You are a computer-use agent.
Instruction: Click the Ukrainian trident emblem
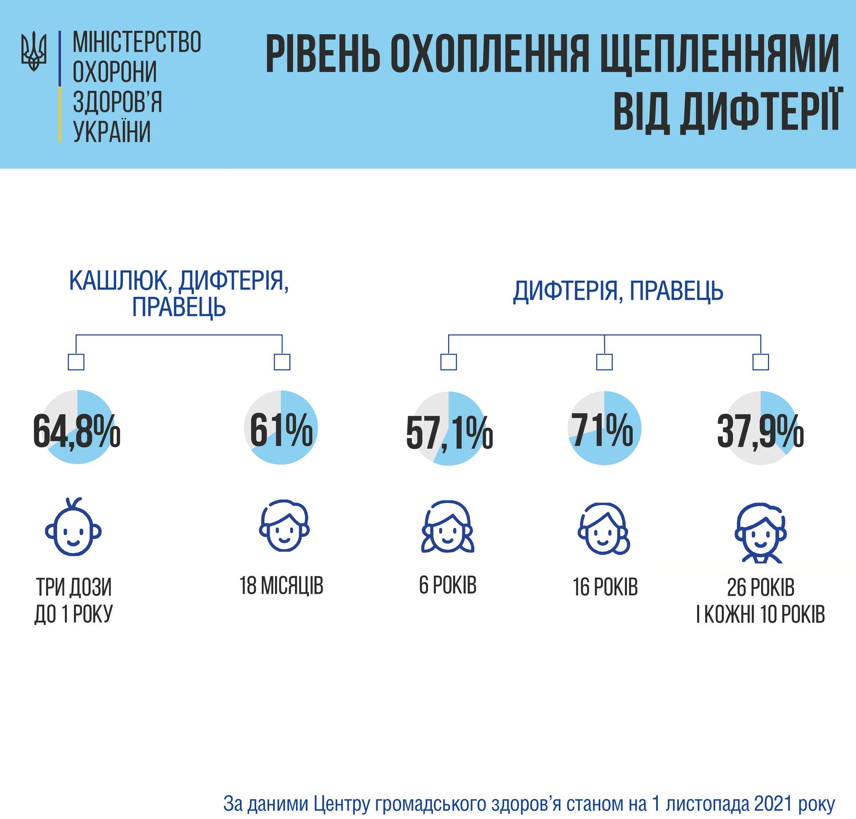[x=33, y=51]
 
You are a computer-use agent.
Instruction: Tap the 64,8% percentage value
[x=76, y=433]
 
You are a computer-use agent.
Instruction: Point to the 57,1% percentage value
[x=449, y=434]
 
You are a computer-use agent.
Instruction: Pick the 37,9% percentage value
[x=760, y=433]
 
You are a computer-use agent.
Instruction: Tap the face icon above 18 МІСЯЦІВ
[x=284, y=529]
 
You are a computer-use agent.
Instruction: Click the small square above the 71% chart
[x=604, y=362]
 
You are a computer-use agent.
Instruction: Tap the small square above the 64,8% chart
[x=76, y=362]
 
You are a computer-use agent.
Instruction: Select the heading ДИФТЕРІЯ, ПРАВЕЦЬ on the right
[x=618, y=291]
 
